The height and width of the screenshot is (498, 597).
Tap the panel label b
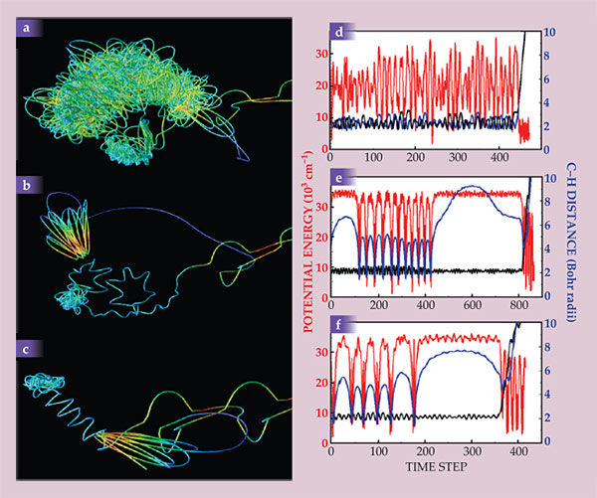tap(23, 184)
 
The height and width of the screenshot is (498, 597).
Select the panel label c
tap(23, 348)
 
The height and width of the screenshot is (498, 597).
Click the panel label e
tap(339, 180)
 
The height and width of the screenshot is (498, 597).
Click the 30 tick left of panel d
tap(320, 55)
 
